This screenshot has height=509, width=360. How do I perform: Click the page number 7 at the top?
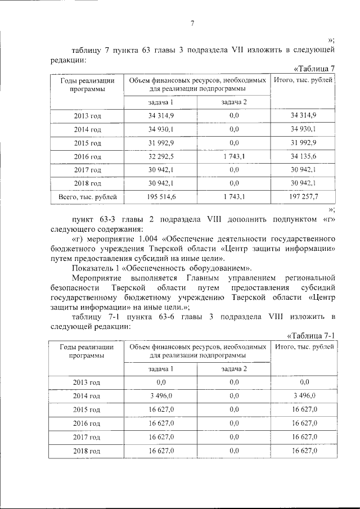[192, 23]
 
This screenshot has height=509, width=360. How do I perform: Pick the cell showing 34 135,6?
[304, 156]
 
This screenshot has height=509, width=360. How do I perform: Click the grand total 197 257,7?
[304, 196]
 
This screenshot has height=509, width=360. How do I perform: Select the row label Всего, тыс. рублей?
[87, 196]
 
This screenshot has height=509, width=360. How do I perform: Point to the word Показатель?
[93, 268]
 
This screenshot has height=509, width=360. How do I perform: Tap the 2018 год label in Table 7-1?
[87, 450]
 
